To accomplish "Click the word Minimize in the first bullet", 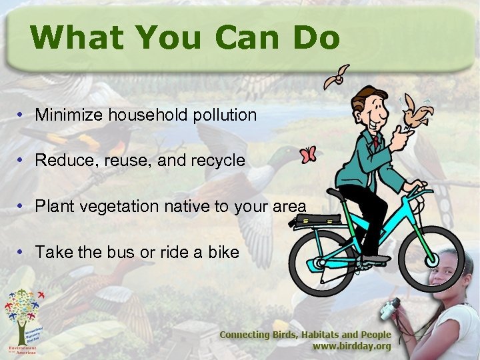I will [67, 115].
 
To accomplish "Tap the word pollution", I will [225, 115].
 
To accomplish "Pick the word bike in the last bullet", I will [223, 252].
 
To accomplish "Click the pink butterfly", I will [307, 155].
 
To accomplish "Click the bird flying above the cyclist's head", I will [337, 76].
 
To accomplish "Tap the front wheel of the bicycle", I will [431, 259].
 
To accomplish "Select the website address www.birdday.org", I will [351, 347].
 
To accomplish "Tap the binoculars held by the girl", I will [389, 307].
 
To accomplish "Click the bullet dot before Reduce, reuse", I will [22, 161].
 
